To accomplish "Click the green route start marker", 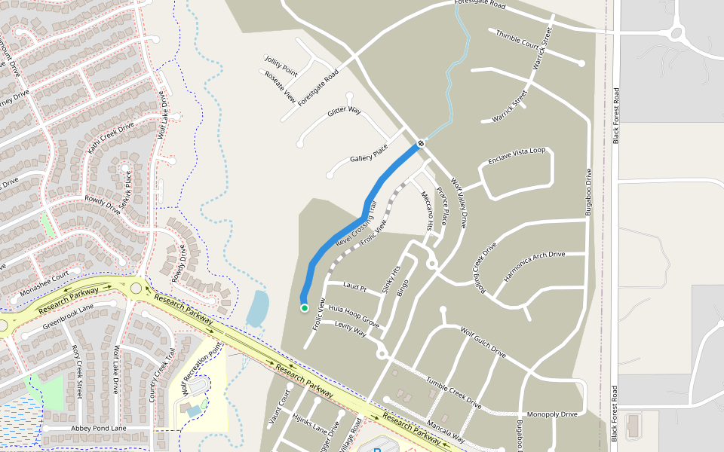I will pos(304,307).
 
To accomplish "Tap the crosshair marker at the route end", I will pos(421,142).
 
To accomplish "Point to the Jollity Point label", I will pos(281,66).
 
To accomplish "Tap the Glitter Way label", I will pos(345,112).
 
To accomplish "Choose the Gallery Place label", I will pos(369,154).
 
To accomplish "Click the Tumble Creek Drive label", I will pos(453,392).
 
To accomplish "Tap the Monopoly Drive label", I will pos(551,414).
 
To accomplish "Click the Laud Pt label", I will pos(354,286).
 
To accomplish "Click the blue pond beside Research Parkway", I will pos(257,307).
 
